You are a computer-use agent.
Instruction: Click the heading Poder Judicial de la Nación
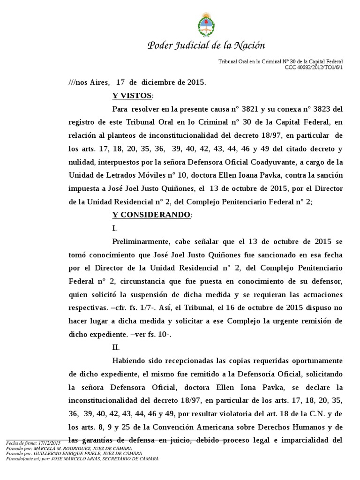point(206,45)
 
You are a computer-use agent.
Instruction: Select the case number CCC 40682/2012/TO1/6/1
point(314,67)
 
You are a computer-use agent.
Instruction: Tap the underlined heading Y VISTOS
point(132,96)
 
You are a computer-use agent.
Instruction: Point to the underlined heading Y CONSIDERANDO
point(151,215)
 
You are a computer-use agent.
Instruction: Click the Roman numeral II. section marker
point(116,348)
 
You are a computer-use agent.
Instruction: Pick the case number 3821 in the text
point(248,110)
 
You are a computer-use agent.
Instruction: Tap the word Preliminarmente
point(141,241)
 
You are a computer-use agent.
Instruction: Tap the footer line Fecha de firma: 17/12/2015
point(33,443)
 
